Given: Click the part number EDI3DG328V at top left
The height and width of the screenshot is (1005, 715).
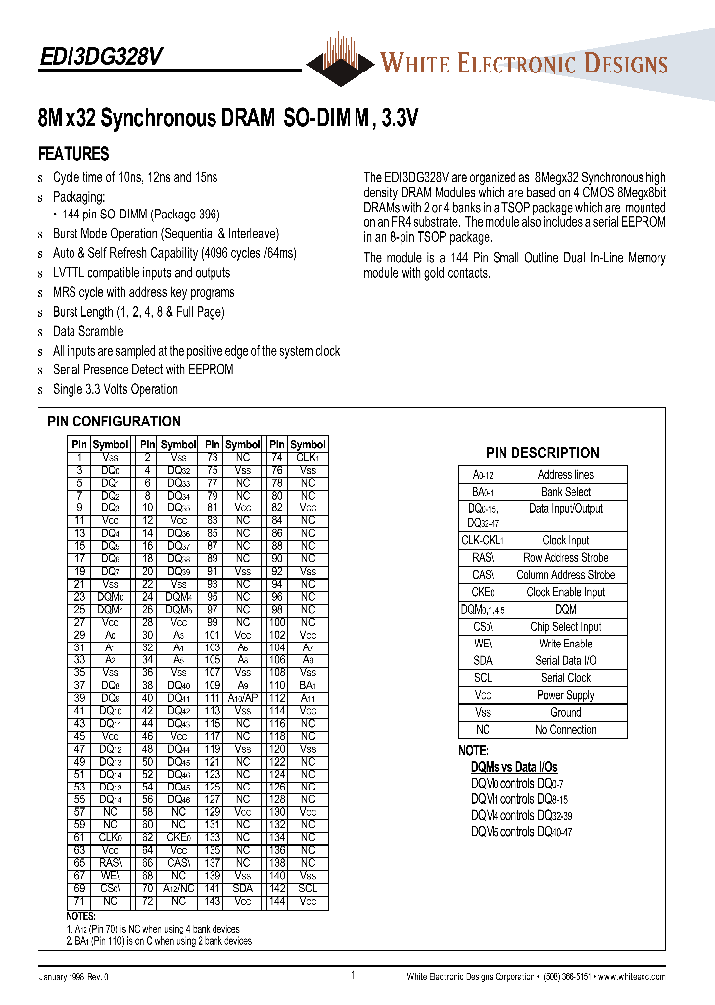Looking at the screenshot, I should click(x=100, y=58).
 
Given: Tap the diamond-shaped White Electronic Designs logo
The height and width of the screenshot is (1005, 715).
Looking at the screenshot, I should click(x=341, y=61).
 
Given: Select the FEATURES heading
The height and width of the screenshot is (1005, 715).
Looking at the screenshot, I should click(x=73, y=154).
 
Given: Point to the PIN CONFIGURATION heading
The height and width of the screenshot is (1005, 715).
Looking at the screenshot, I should click(x=113, y=421).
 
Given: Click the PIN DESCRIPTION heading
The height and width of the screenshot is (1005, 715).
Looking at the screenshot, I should click(x=542, y=452).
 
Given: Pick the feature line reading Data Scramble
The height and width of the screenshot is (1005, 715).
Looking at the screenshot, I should click(x=87, y=331).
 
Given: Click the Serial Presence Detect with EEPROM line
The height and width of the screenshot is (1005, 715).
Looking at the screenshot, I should click(x=143, y=369).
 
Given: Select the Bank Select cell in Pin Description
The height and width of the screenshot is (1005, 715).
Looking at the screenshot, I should click(x=565, y=492).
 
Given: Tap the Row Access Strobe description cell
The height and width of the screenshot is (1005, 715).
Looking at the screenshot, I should click(x=565, y=558).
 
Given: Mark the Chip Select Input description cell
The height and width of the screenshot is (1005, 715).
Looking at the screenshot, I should click(x=565, y=627).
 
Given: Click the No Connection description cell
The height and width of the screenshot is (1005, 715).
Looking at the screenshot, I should click(x=565, y=730).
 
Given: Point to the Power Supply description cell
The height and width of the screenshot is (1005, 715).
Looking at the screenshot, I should click(x=565, y=695).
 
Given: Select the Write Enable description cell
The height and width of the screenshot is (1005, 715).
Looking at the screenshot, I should click(x=565, y=644).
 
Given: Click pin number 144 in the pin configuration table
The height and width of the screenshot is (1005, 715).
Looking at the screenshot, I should click(x=277, y=902).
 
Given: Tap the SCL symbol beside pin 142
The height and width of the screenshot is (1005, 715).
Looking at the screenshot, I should click(x=308, y=889).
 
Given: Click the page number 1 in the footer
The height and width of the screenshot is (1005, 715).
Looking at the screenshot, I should click(x=353, y=976).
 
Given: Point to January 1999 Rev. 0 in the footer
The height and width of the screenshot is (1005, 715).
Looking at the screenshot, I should click(x=74, y=977).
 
